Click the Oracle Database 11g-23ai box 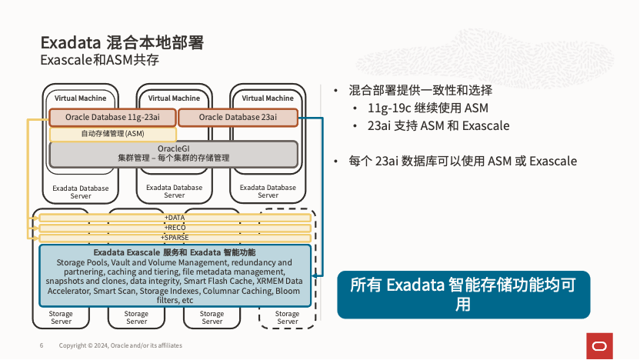[x=112, y=117]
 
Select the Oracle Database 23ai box [x=238, y=117]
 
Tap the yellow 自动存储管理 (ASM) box [x=112, y=133]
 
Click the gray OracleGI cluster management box [x=173, y=153]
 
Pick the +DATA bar [x=175, y=218]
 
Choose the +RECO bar [x=175, y=227]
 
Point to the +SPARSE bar [x=175, y=237]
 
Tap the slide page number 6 [x=42, y=345]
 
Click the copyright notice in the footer [x=121, y=345]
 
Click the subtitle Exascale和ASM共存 [x=99, y=60]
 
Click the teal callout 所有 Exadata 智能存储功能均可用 [x=463, y=294]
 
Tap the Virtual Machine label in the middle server [x=174, y=98]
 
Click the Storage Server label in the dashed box [x=287, y=317]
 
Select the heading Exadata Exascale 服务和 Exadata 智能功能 [x=175, y=252]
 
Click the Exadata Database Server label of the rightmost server [x=268, y=191]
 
